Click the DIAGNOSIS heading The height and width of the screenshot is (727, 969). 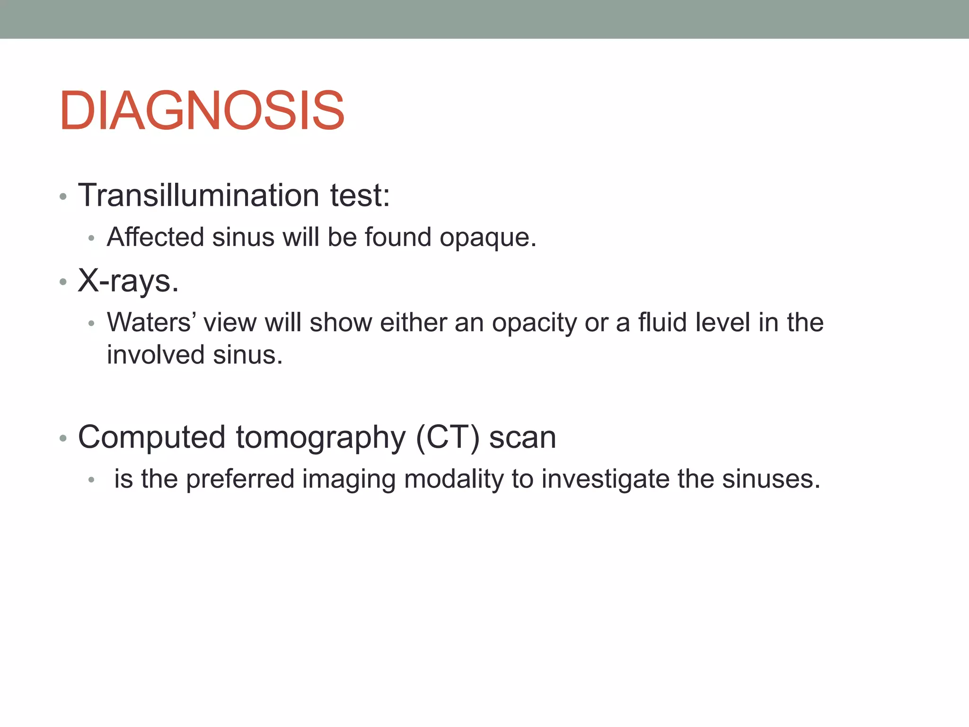tap(202, 111)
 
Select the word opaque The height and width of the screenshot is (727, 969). tap(487, 238)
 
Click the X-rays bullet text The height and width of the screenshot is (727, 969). tap(128, 281)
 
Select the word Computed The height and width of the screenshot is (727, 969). tap(151, 437)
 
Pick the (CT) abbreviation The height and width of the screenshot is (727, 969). tap(448, 437)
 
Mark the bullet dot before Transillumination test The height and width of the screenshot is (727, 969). tap(63, 196)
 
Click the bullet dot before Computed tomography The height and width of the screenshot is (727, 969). tap(63, 439)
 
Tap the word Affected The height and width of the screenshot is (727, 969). tap(156, 237)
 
